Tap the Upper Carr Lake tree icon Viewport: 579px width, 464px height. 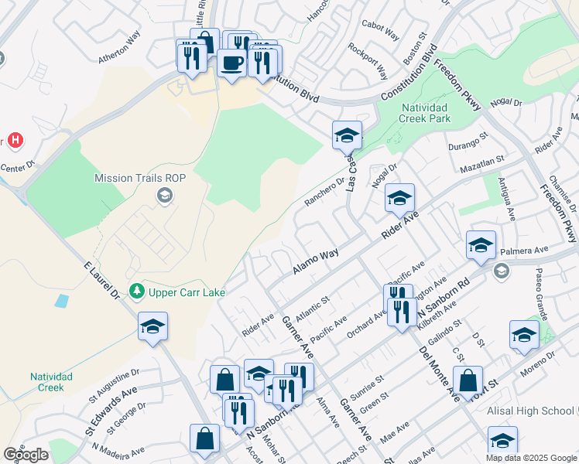(x=137, y=292)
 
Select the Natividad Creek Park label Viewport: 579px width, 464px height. (x=424, y=114)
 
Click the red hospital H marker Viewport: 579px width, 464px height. (x=14, y=141)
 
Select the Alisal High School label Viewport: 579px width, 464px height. (x=532, y=413)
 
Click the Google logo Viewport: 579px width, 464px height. (x=26, y=454)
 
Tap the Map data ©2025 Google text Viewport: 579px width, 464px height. (x=531, y=457)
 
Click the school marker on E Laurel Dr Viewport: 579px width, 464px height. (x=152, y=327)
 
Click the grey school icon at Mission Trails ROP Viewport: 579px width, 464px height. (x=163, y=196)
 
